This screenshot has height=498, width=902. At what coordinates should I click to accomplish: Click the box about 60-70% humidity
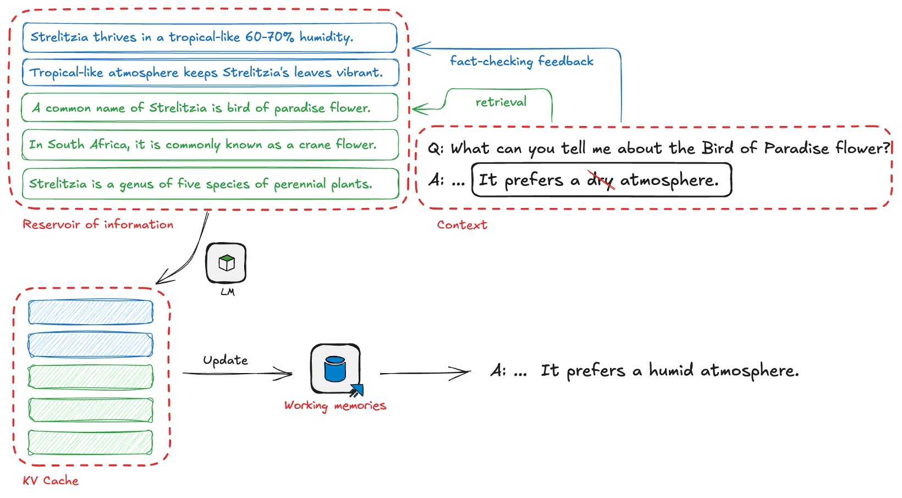coord(209,37)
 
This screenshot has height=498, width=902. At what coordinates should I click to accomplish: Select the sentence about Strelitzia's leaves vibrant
coord(210,73)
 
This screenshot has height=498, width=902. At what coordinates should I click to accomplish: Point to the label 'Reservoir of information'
coord(98,225)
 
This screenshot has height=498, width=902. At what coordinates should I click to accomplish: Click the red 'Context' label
coord(462,225)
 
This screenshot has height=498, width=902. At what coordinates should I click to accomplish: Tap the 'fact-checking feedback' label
coord(521,61)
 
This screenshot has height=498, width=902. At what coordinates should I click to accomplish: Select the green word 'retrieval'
coord(501,102)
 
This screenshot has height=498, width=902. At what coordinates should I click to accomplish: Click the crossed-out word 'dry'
coord(601,180)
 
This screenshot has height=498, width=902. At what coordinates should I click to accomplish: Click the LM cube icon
coord(226,264)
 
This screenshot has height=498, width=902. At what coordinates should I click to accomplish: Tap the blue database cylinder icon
coord(334,369)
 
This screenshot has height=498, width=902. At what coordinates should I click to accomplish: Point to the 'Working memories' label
coord(335,406)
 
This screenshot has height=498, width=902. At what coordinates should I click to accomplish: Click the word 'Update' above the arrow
coord(226,360)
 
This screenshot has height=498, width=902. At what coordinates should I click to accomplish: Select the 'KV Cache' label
coord(51,481)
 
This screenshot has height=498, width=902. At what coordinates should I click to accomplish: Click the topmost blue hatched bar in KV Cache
coord(90,312)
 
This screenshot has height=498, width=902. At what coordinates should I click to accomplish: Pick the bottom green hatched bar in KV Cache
coord(90,442)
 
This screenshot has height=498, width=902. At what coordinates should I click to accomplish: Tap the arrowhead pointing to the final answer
coord(465,373)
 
